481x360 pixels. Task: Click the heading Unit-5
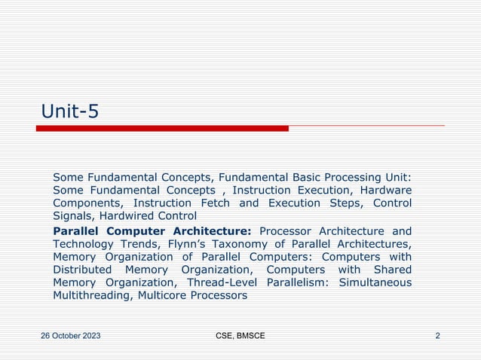tap(70, 111)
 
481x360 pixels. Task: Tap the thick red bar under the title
tap(162, 129)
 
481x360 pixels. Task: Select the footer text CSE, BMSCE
tap(240, 335)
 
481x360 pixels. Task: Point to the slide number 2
tap(438, 335)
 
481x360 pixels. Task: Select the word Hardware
tap(384, 190)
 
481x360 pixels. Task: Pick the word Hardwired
tap(149, 216)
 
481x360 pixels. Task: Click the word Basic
tap(295, 177)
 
